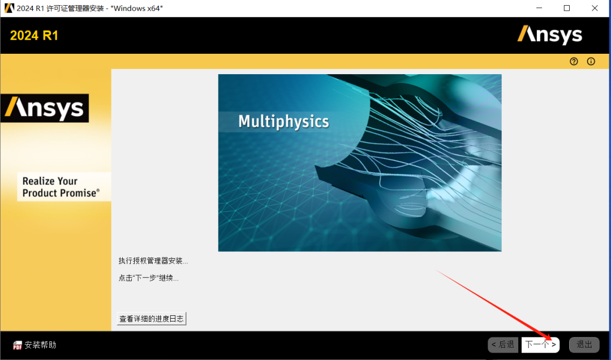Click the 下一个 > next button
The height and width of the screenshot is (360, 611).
click(x=540, y=345)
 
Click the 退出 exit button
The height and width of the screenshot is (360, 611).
click(x=584, y=345)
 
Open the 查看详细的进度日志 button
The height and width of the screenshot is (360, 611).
click(x=152, y=319)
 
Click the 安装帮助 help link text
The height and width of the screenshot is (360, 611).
click(x=41, y=345)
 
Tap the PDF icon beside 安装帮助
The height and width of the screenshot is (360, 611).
click(x=18, y=345)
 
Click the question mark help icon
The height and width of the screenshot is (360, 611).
click(x=574, y=61)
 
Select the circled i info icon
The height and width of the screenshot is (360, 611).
click(x=591, y=61)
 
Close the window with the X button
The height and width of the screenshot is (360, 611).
click(x=595, y=8)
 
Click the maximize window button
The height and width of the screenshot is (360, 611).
click(x=567, y=8)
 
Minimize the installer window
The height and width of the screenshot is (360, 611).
click(x=539, y=8)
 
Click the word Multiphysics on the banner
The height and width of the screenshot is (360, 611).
click(x=283, y=122)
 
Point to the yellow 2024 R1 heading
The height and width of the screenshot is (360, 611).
click(x=35, y=36)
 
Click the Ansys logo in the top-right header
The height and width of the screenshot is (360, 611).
click(x=550, y=35)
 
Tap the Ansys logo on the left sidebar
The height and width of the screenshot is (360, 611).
click(x=45, y=108)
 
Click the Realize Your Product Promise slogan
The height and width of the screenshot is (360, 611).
click(x=61, y=187)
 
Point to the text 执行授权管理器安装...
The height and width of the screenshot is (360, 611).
click(x=153, y=261)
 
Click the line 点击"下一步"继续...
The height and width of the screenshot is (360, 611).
click(x=148, y=278)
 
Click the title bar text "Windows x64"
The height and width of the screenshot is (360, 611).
click(x=137, y=8)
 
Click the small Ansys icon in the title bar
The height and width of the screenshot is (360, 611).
click(x=9, y=8)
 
